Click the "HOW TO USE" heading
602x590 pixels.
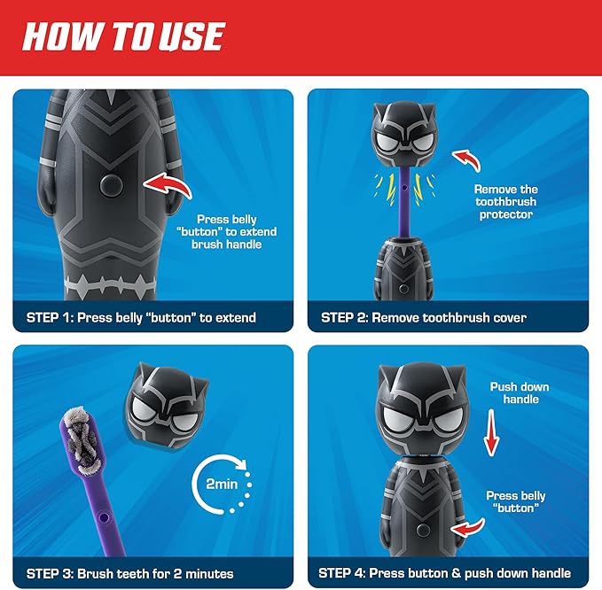123,36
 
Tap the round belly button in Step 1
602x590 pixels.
112,184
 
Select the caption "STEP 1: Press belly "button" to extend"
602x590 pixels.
141,317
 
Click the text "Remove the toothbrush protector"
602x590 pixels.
506,202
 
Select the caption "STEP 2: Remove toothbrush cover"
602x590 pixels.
423,317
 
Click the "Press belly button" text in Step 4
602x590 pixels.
515,502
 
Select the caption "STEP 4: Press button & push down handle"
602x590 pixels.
446,573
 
